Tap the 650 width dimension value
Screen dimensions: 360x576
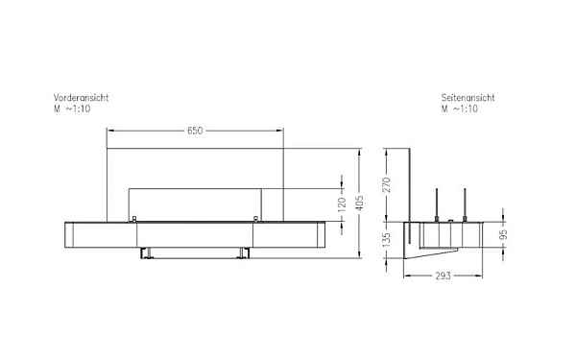point(194,131)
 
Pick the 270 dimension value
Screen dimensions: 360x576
point(388,185)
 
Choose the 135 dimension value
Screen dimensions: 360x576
point(388,242)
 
